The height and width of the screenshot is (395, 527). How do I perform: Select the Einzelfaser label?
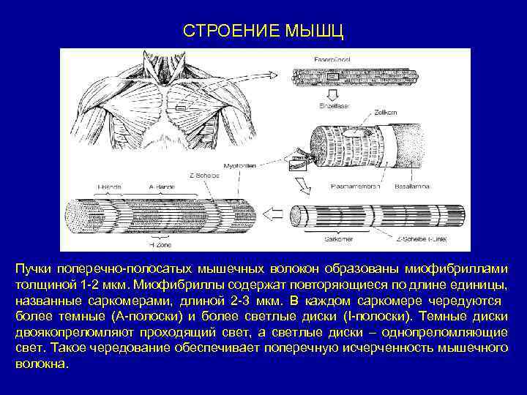tap(332, 105)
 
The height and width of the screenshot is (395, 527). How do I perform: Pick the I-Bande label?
tap(111, 187)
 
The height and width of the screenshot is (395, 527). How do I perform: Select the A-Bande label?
tap(159, 187)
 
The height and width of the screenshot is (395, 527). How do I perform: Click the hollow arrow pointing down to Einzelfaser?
tap(332, 94)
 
